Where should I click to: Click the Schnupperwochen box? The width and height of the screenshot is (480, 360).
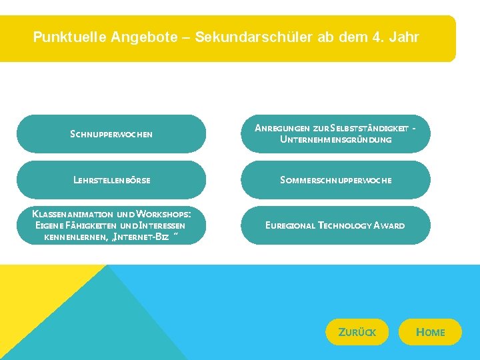point(111,134)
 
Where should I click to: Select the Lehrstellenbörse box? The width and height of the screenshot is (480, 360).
point(111,180)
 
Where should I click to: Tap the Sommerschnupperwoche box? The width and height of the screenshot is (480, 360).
point(335,180)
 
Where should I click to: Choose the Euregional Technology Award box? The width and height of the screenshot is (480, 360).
point(335,225)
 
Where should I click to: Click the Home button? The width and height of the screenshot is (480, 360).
point(430,332)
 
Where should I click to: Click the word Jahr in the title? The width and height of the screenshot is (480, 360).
point(404,37)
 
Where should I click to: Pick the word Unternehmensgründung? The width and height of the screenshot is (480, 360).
point(335,140)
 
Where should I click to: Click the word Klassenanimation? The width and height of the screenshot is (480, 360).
point(73,214)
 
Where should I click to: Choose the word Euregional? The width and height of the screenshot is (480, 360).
point(290,225)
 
